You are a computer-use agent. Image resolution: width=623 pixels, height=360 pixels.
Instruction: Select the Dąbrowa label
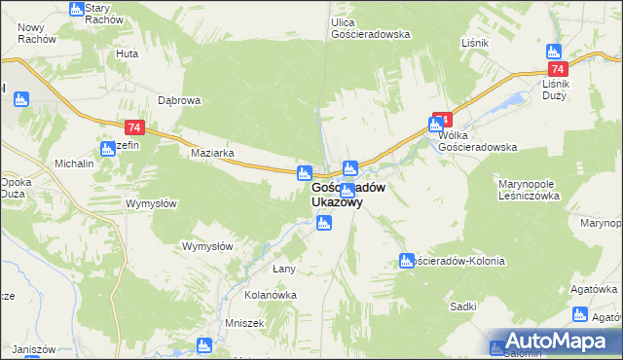pos(179,100)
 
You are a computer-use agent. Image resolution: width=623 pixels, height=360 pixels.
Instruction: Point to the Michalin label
pos(74,163)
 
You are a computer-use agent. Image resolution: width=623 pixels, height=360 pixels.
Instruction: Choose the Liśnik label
pos(474,44)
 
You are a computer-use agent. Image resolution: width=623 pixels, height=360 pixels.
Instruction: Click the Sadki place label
pos(463,306)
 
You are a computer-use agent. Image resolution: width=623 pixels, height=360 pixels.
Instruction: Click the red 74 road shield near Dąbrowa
pos(135,127)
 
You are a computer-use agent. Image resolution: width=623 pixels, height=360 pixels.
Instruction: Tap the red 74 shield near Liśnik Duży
pos(558,70)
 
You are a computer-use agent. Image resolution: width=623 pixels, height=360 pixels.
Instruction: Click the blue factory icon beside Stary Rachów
pos(77,9)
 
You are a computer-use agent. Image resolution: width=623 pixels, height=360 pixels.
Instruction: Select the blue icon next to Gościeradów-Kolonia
pos(407,260)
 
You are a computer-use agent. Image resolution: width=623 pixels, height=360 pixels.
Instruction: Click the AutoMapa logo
pos(555,341)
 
